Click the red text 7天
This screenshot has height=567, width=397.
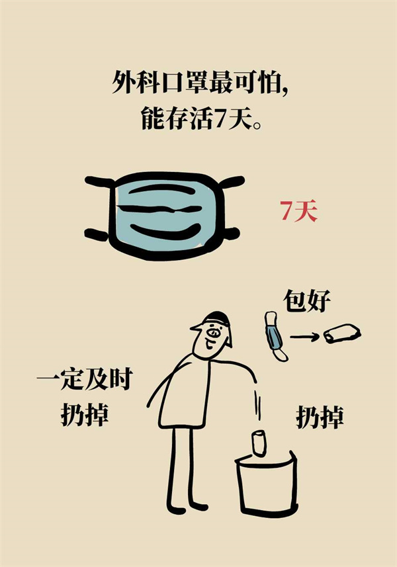(298, 211)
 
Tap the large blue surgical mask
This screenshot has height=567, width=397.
(166, 216)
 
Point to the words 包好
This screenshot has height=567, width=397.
(306, 300)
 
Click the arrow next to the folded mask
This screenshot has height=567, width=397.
(304, 337)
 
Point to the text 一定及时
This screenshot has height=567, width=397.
(85, 379)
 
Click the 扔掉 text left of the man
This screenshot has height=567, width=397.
(85, 414)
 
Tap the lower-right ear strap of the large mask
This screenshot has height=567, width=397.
(232, 233)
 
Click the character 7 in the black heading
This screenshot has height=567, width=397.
(220, 119)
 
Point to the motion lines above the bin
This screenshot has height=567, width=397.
(257, 405)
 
